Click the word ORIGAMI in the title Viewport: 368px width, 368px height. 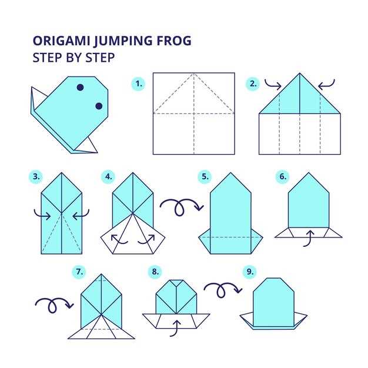[62, 41]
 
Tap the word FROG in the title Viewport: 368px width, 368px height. [174, 41]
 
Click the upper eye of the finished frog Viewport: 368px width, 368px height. [81, 88]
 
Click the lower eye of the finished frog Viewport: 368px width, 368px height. [99, 106]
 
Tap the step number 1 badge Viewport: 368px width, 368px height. [139, 84]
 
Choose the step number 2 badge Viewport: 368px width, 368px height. [253, 84]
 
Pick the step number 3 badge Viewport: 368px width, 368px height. [36, 176]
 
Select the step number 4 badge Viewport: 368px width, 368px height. [108, 176]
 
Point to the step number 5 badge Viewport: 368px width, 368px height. [205, 176]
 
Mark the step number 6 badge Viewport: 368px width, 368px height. [283, 176]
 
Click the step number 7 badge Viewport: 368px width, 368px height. [79, 272]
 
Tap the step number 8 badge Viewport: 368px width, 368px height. [155, 272]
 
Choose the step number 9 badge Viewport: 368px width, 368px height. [250, 272]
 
